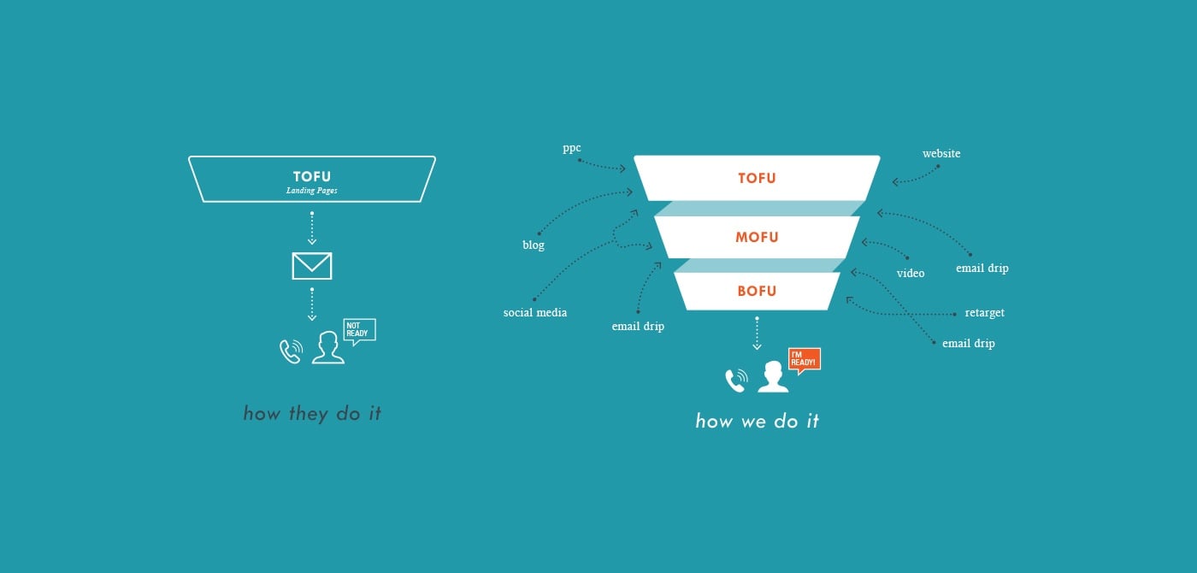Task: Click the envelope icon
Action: pos(311,266)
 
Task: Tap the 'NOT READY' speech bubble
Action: pos(358,331)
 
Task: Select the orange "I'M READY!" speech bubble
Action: pos(804,359)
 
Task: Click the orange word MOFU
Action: pos(757,237)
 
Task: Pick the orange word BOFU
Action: pos(757,291)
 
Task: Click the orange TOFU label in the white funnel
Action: pos(757,179)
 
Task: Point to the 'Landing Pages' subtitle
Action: pos(311,191)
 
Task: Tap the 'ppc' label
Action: pos(571,148)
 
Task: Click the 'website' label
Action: pos(940,154)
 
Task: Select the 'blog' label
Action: pos(533,245)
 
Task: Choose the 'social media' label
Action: pos(534,313)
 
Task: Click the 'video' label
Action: pos(910,274)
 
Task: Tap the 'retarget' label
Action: pos(984,313)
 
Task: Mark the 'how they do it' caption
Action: pos(312,414)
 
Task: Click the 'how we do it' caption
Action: pos(757,421)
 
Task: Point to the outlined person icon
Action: pos(327,348)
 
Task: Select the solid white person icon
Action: pos(773,377)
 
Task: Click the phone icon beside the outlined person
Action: pos(291,351)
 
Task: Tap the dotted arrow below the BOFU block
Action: pos(757,333)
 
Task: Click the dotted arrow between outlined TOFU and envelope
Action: pos(312,227)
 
